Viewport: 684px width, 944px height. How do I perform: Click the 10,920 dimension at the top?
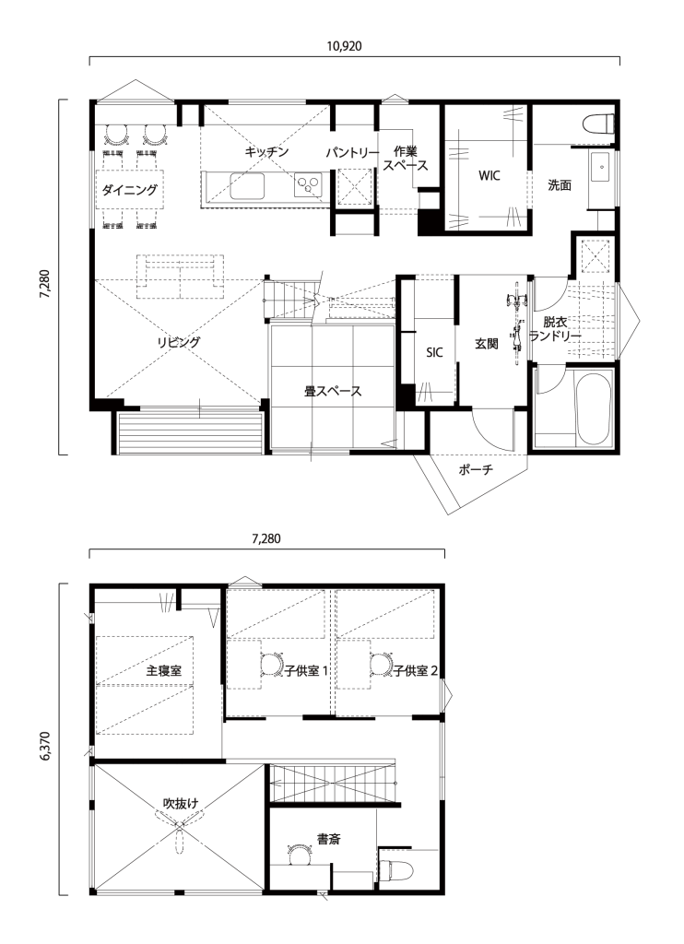click(345, 46)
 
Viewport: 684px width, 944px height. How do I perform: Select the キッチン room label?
click(266, 152)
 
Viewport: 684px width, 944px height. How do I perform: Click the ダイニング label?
click(129, 190)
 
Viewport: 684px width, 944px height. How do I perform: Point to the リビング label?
click(179, 343)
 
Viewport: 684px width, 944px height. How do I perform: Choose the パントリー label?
click(352, 153)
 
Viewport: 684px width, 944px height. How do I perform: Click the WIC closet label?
click(489, 176)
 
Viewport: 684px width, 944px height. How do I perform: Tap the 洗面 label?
click(560, 184)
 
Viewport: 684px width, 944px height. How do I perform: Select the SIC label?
click(434, 353)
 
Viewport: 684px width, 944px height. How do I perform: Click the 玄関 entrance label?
click(486, 345)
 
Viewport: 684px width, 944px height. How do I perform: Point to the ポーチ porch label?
click(476, 469)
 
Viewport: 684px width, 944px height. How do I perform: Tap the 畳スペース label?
click(333, 391)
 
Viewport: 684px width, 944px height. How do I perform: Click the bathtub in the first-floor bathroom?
click(594, 409)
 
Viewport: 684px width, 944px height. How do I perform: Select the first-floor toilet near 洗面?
click(599, 123)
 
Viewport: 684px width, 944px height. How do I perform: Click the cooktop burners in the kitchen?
click(309, 184)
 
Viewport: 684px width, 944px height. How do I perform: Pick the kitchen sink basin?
click(247, 184)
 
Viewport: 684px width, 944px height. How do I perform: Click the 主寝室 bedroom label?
click(164, 671)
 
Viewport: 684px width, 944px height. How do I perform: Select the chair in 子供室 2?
click(380, 665)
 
